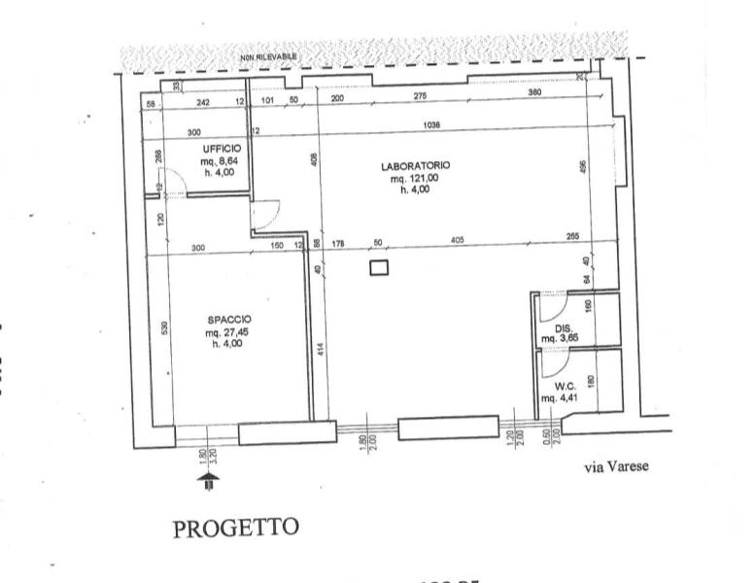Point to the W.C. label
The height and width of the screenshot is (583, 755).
[x=566, y=384]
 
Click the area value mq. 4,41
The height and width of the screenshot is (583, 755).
[x=566, y=396]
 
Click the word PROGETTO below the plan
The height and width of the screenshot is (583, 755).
[x=234, y=528]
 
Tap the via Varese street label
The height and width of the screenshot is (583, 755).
[x=615, y=466]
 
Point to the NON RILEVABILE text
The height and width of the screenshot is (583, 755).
[x=268, y=58]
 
